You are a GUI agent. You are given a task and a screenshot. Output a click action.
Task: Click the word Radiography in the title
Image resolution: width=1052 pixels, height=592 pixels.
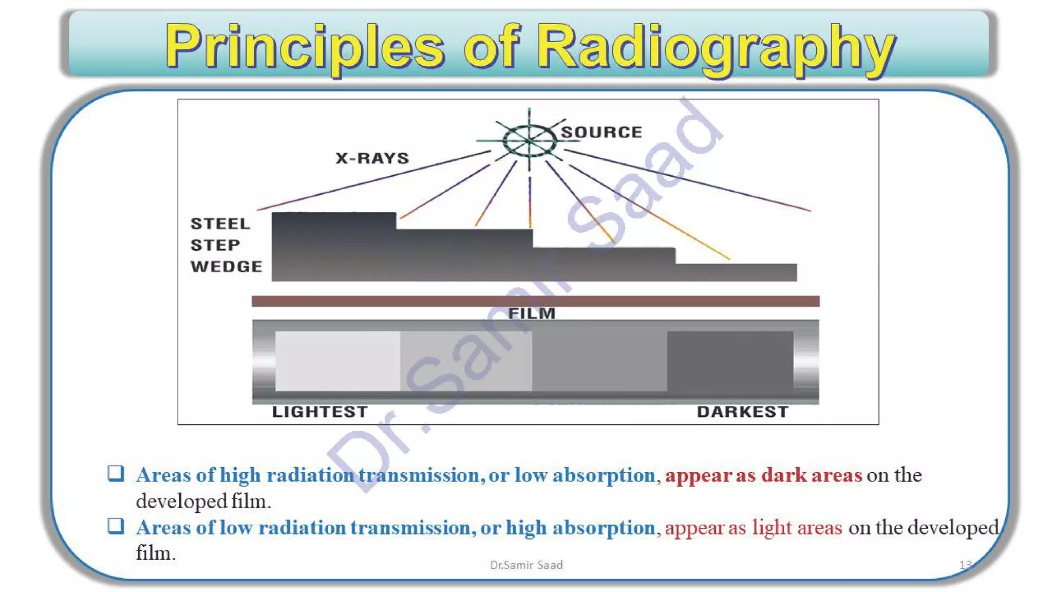tap(718, 47)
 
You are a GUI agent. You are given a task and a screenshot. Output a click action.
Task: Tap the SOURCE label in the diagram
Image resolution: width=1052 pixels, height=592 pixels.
tap(602, 132)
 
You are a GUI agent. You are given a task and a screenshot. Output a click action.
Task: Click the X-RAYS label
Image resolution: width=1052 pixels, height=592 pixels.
tap(372, 158)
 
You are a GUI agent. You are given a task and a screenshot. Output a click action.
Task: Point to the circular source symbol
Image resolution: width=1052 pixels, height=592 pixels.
tap(529, 140)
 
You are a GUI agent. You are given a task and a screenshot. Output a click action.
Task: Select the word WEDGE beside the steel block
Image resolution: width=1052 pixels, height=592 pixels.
tap(226, 266)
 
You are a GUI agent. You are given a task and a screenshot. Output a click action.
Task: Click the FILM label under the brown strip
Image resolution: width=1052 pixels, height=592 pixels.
tap(532, 313)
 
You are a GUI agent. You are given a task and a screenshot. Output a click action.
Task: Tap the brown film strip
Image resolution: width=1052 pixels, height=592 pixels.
tap(535, 301)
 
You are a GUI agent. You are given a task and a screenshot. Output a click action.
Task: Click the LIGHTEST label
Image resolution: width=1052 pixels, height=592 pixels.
tap(320, 412)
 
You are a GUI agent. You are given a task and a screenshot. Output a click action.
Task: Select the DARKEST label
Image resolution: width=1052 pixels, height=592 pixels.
tap(742, 412)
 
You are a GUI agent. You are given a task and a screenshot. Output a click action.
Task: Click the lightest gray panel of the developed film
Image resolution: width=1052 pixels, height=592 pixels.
tap(337, 360)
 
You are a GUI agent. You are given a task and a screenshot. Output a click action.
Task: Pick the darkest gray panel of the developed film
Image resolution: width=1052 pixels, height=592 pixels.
tap(729, 360)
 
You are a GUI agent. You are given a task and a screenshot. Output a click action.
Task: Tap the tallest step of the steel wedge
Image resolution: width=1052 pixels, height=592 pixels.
tap(334, 247)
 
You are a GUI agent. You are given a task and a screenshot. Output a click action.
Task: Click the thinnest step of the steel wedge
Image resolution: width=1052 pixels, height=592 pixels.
tap(736, 272)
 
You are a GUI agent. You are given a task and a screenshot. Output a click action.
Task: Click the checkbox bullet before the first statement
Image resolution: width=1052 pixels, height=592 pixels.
tap(116, 473)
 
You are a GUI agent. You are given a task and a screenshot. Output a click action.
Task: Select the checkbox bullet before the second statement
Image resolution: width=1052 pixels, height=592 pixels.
tap(116, 526)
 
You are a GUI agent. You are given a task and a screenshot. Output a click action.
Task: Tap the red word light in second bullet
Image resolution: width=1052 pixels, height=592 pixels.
tap(772, 527)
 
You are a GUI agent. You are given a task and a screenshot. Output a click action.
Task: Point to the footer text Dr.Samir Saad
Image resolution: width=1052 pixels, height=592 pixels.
tap(526, 565)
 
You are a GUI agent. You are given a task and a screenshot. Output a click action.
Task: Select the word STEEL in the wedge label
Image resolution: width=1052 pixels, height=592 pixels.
tap(220, 224)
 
